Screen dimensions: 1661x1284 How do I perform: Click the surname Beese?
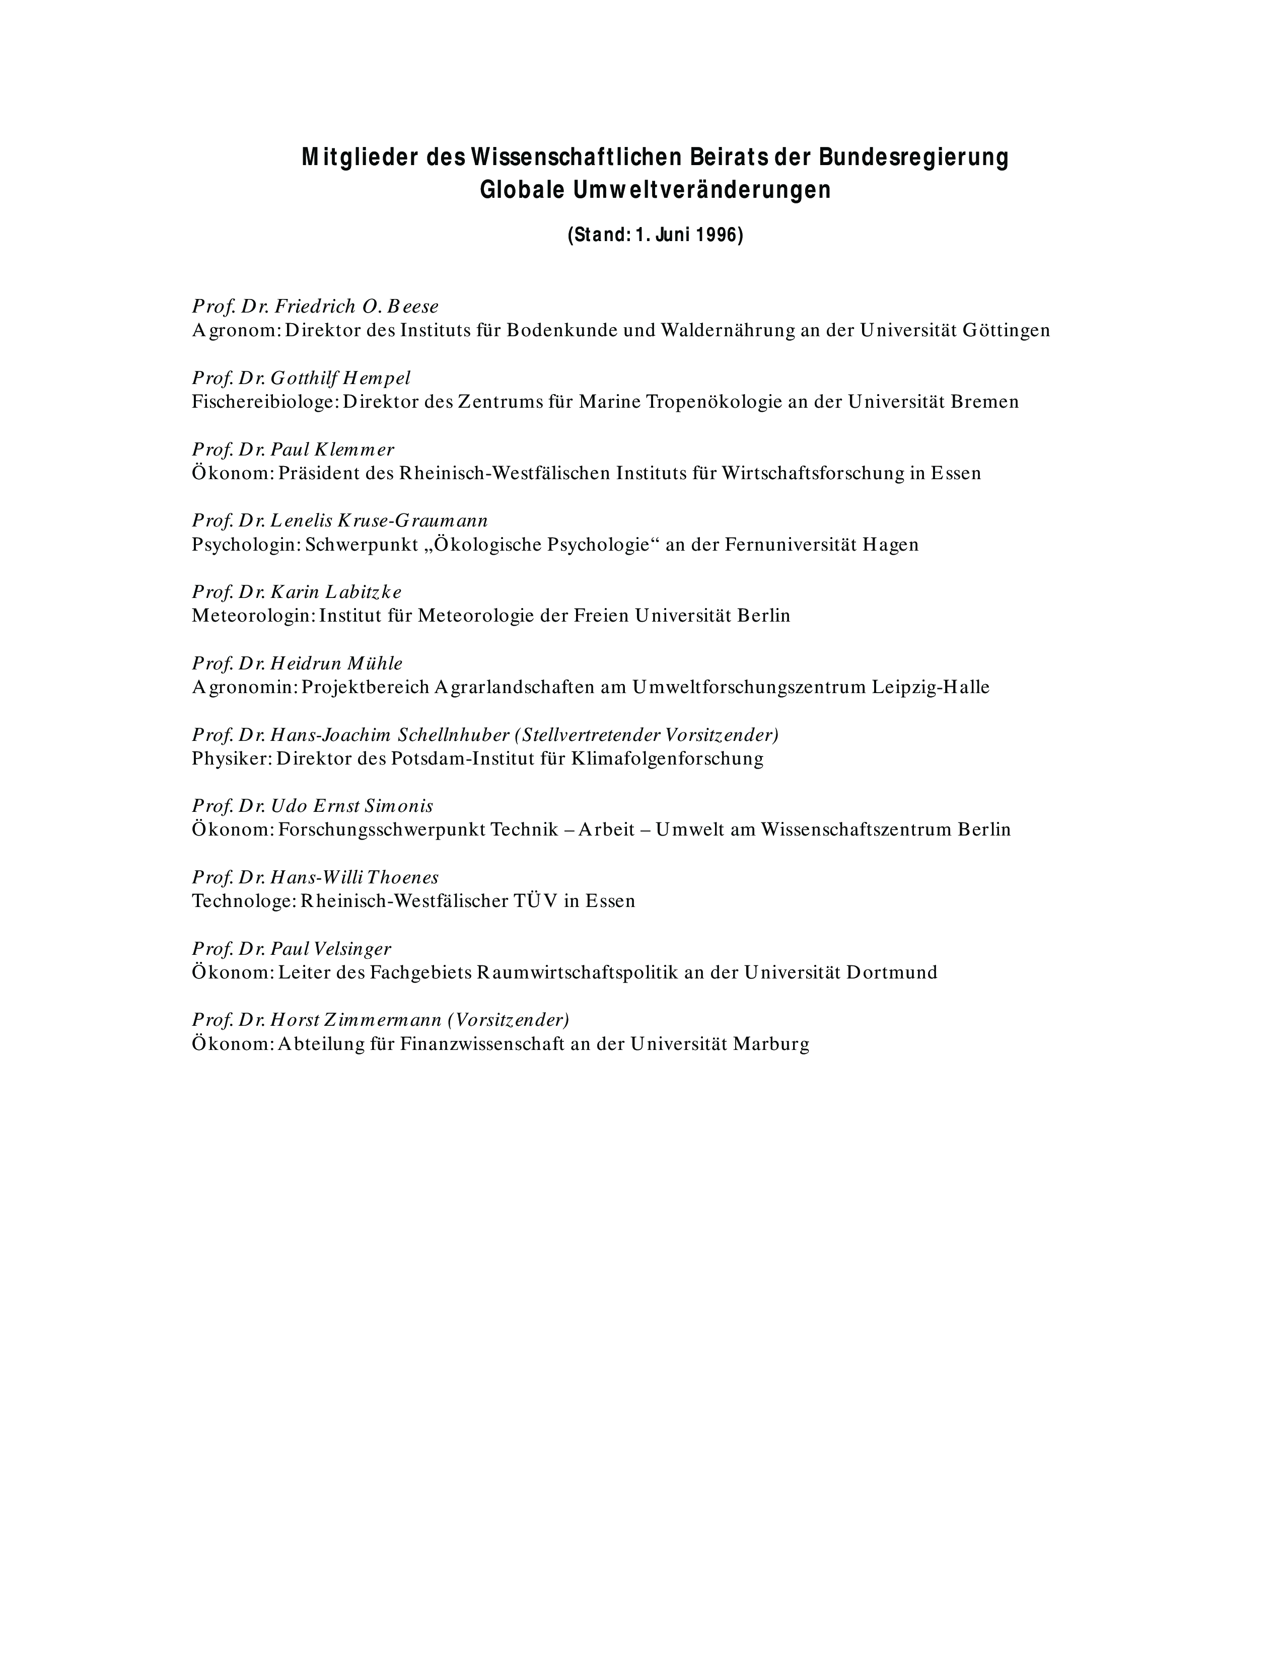pyautogui.click(x=413, y=307)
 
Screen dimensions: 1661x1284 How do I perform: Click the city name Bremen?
pyautogui.click(x=984, y=402)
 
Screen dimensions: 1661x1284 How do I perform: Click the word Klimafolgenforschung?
pyautogui.click(x=667, y=759)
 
